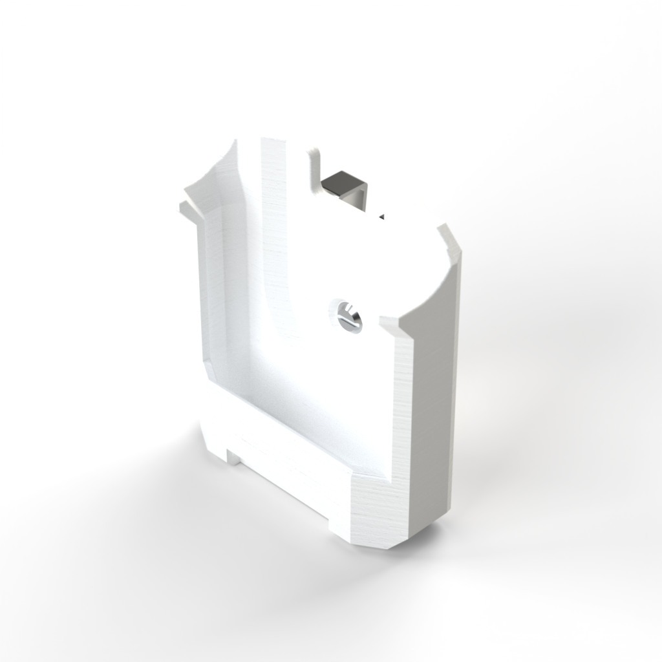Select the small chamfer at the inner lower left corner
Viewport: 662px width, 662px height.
(x=209, y=372)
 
